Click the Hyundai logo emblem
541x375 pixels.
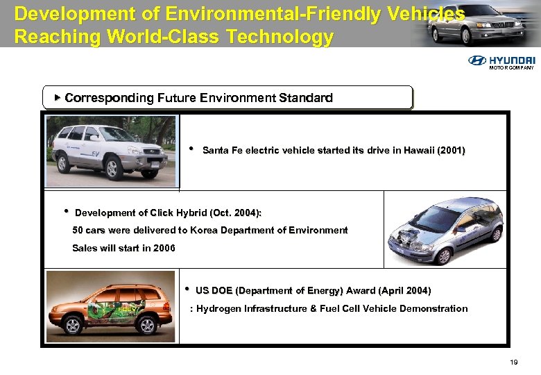(x=477, y=60)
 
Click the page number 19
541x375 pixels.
(x=514, y=362)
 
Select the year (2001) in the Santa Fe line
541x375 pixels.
(x=451, y=150)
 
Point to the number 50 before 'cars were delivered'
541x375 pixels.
(x=78, y=230)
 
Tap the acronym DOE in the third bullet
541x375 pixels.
(x=223, y=290)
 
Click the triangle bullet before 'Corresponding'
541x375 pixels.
(x=57, y=98)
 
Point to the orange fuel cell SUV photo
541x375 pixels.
(x=111, y=306)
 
